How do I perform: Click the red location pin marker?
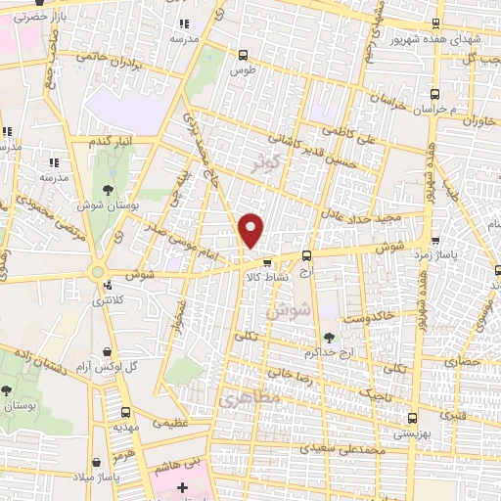[251, 230]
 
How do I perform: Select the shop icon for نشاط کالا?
[267, 261]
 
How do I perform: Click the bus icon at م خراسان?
[435, 95]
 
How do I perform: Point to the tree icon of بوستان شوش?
[108, 191]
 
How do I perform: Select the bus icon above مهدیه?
[125, 412]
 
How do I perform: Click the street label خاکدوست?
[370, 317]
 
